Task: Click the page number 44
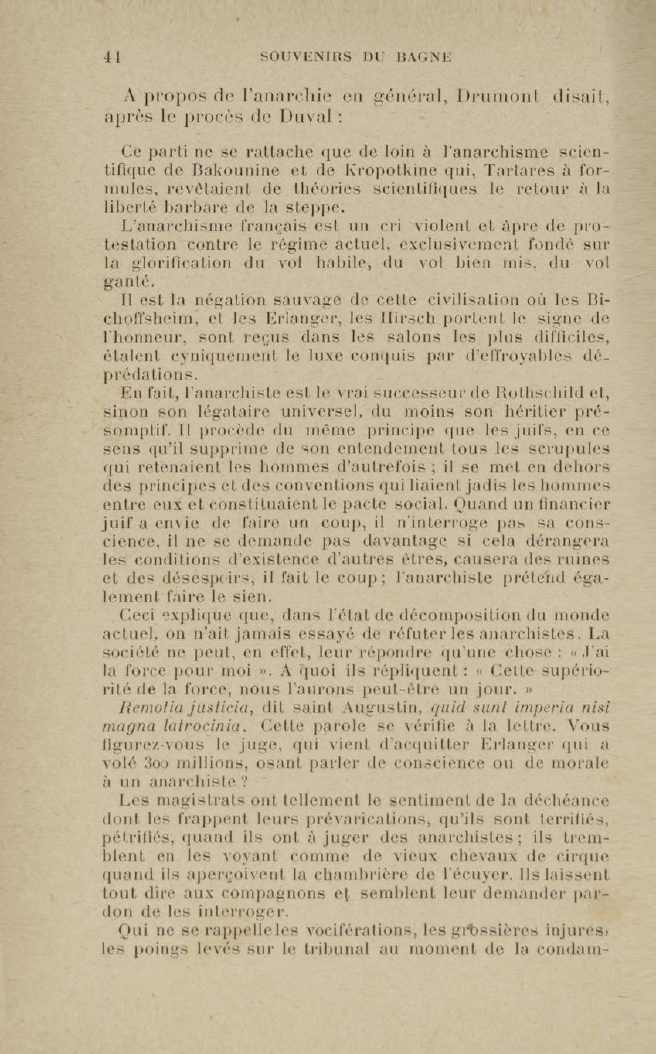(112, 57)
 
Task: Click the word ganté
(130, 283)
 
